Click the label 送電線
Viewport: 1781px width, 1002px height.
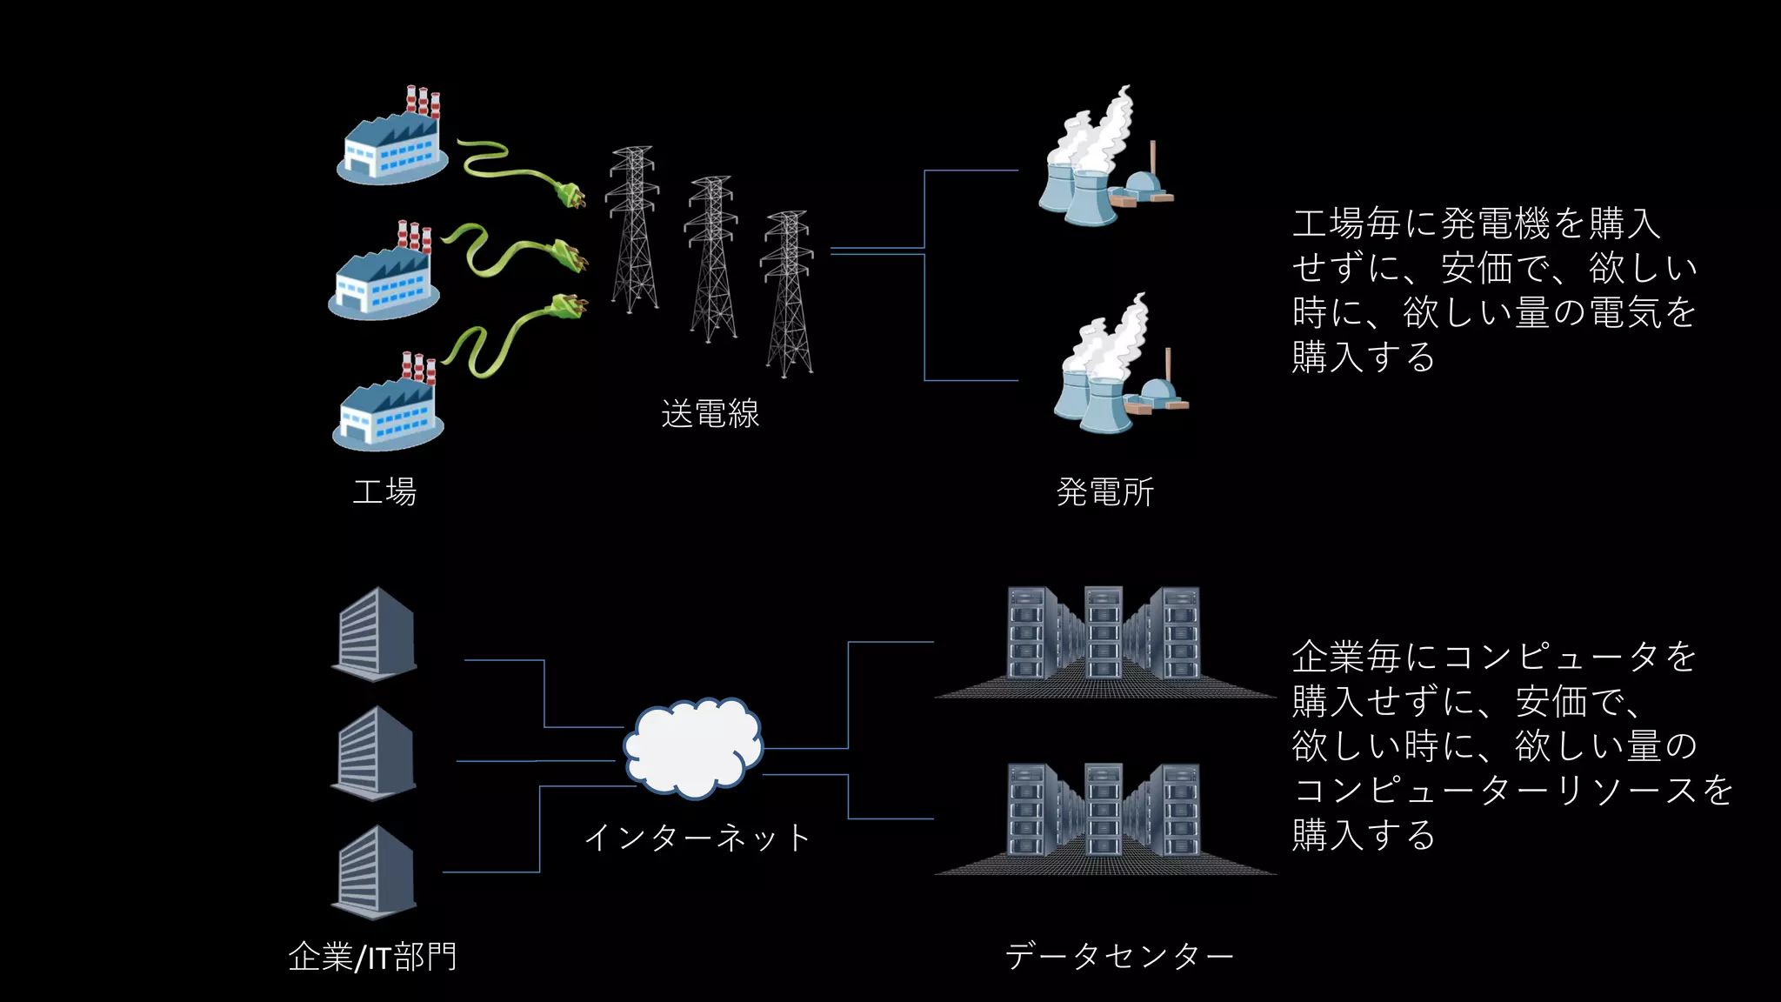tap(710, 414)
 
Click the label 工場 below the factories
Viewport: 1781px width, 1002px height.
tap(384, 492)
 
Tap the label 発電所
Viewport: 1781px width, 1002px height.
tap(1104, 492)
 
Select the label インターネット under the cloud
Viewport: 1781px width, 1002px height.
tap(697, 838)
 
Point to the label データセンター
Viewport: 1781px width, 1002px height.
tap(1119, 957)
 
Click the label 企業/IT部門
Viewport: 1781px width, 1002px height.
tap(372, 957)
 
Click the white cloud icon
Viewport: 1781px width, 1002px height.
tap(693, 748)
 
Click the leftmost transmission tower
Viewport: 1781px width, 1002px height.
tap(633, 230)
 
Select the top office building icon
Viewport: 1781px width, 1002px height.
tap(375, 634)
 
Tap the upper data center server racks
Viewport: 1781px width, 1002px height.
tap(1104, 639)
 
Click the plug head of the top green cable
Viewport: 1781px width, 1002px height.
tap(570, 194)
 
